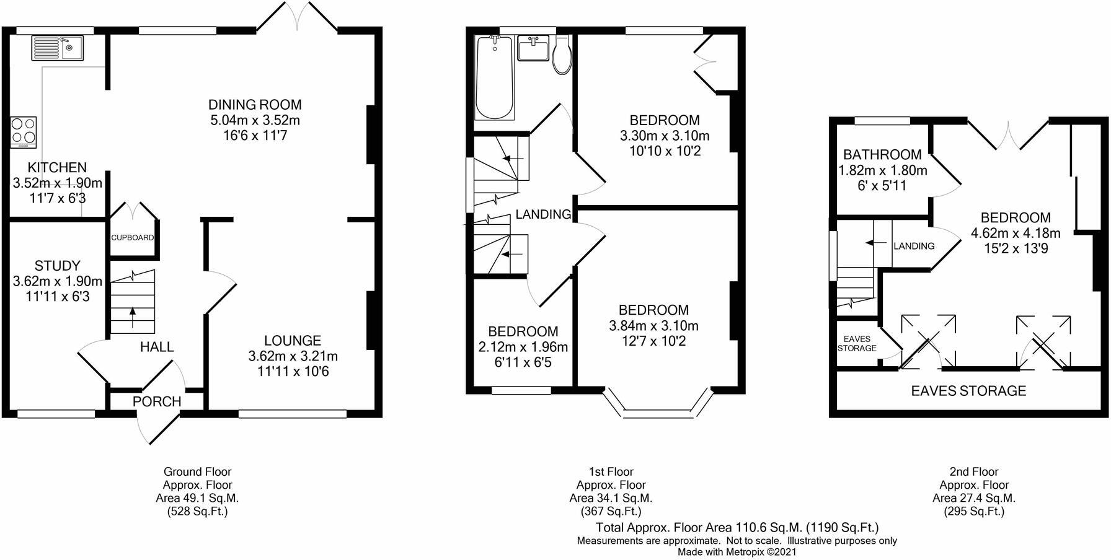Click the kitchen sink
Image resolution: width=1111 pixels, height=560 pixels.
58,48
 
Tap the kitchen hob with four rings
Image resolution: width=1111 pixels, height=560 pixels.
24,132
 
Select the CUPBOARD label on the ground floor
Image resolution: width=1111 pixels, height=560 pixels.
133,237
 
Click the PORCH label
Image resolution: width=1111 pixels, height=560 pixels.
157,401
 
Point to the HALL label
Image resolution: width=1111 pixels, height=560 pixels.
157,347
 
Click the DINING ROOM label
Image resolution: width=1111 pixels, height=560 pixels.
255,105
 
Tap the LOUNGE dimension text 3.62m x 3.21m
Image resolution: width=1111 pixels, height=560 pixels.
293,356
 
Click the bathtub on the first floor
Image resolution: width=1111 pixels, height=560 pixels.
494,77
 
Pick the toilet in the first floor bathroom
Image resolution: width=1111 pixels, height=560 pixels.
562,54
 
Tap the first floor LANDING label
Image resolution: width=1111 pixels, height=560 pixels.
544,214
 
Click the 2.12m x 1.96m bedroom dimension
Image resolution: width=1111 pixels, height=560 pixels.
523,347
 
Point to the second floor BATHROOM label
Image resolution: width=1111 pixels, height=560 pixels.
882,154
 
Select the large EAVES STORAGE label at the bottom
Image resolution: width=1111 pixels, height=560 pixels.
968,391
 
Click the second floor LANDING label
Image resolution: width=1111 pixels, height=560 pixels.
914,246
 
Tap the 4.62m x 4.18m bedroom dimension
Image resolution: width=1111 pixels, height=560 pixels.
1016,234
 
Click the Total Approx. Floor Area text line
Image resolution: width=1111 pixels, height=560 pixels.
737,528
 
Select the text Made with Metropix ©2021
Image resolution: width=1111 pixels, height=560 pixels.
737,551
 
